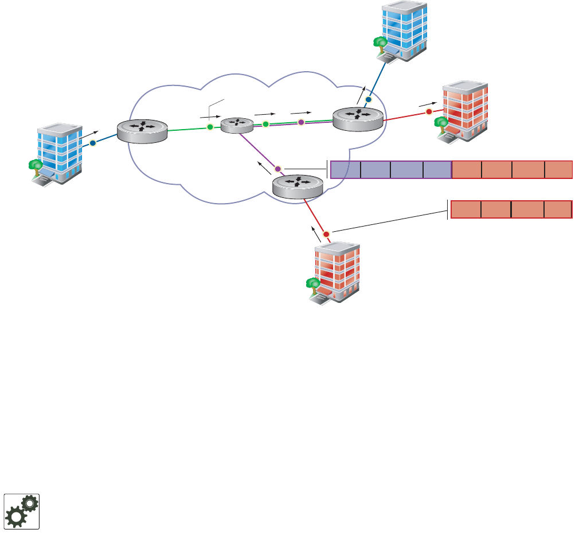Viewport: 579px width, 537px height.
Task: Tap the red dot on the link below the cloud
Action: (326, 234)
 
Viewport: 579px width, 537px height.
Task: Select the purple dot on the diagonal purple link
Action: (278, 169)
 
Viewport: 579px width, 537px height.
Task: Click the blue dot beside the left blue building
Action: (92, 143)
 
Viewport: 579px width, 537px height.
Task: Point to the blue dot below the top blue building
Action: (369, 99)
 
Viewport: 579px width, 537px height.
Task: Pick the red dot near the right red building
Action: (428, 111)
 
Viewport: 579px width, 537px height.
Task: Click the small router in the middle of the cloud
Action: (237, 124)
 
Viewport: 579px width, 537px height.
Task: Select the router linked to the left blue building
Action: (142, 131)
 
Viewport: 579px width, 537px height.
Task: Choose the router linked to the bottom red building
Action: (298, 186)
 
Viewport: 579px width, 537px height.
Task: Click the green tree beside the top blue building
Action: (379, 43)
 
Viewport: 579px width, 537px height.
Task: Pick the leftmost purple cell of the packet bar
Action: (346, 170)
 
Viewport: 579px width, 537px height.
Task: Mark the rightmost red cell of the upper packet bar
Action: (558, 170)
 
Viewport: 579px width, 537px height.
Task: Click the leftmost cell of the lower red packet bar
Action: (465, 209)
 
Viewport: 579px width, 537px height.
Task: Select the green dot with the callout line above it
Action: (210, 126)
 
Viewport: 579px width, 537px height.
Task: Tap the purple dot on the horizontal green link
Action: (302, 122)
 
